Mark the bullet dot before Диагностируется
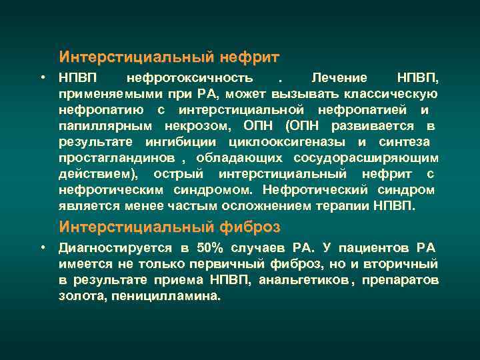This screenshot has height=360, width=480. tap(42, 248)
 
